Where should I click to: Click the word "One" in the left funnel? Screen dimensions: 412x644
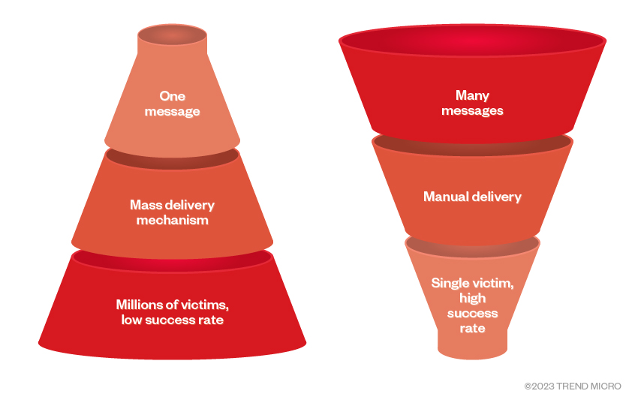pyautogui.click(x=173, y=96)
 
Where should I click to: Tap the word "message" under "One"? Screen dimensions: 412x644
pyautogui.click(x=173, y=112)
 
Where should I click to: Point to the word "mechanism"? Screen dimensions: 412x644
pyautogui.click(x=172, y=221)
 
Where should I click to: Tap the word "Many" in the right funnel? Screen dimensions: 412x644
pyautogui.click(x=472, y=95)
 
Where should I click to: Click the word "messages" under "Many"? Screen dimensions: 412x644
pyautogui.click(x=472, y=111)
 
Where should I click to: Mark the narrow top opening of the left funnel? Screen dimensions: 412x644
pyautogui.click(x=172, y=34)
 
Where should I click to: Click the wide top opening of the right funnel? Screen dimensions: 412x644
pyautogui.click(x=472, y=41)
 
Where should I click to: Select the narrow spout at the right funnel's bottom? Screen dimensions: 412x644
pyautogui.click(x=472, y=344)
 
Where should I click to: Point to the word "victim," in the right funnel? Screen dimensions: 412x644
pyautogui.click(x=492, y=283)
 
